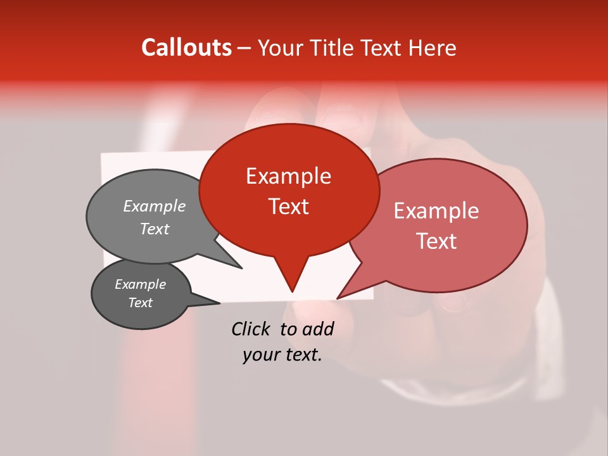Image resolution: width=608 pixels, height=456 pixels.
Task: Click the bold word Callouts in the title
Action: point(186,47)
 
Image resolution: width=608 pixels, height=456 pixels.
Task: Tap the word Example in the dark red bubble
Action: point(288,176)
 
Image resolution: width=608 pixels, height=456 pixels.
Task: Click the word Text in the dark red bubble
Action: point(288,206)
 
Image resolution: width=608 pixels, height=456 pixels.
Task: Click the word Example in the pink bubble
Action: point(436,211)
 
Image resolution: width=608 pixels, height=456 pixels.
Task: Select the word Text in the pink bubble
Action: point(436,241)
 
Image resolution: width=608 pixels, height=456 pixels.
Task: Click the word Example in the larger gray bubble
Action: point(154,206)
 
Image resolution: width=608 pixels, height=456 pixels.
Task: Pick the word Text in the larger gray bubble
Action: point(154,229)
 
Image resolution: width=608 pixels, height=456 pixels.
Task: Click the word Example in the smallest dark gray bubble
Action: point(140,284)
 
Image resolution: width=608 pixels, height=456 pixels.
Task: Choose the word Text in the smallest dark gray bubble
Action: point(140,303)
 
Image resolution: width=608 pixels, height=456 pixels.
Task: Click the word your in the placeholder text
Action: point(259,355)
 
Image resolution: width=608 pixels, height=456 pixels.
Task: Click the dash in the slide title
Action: point(244,48)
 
